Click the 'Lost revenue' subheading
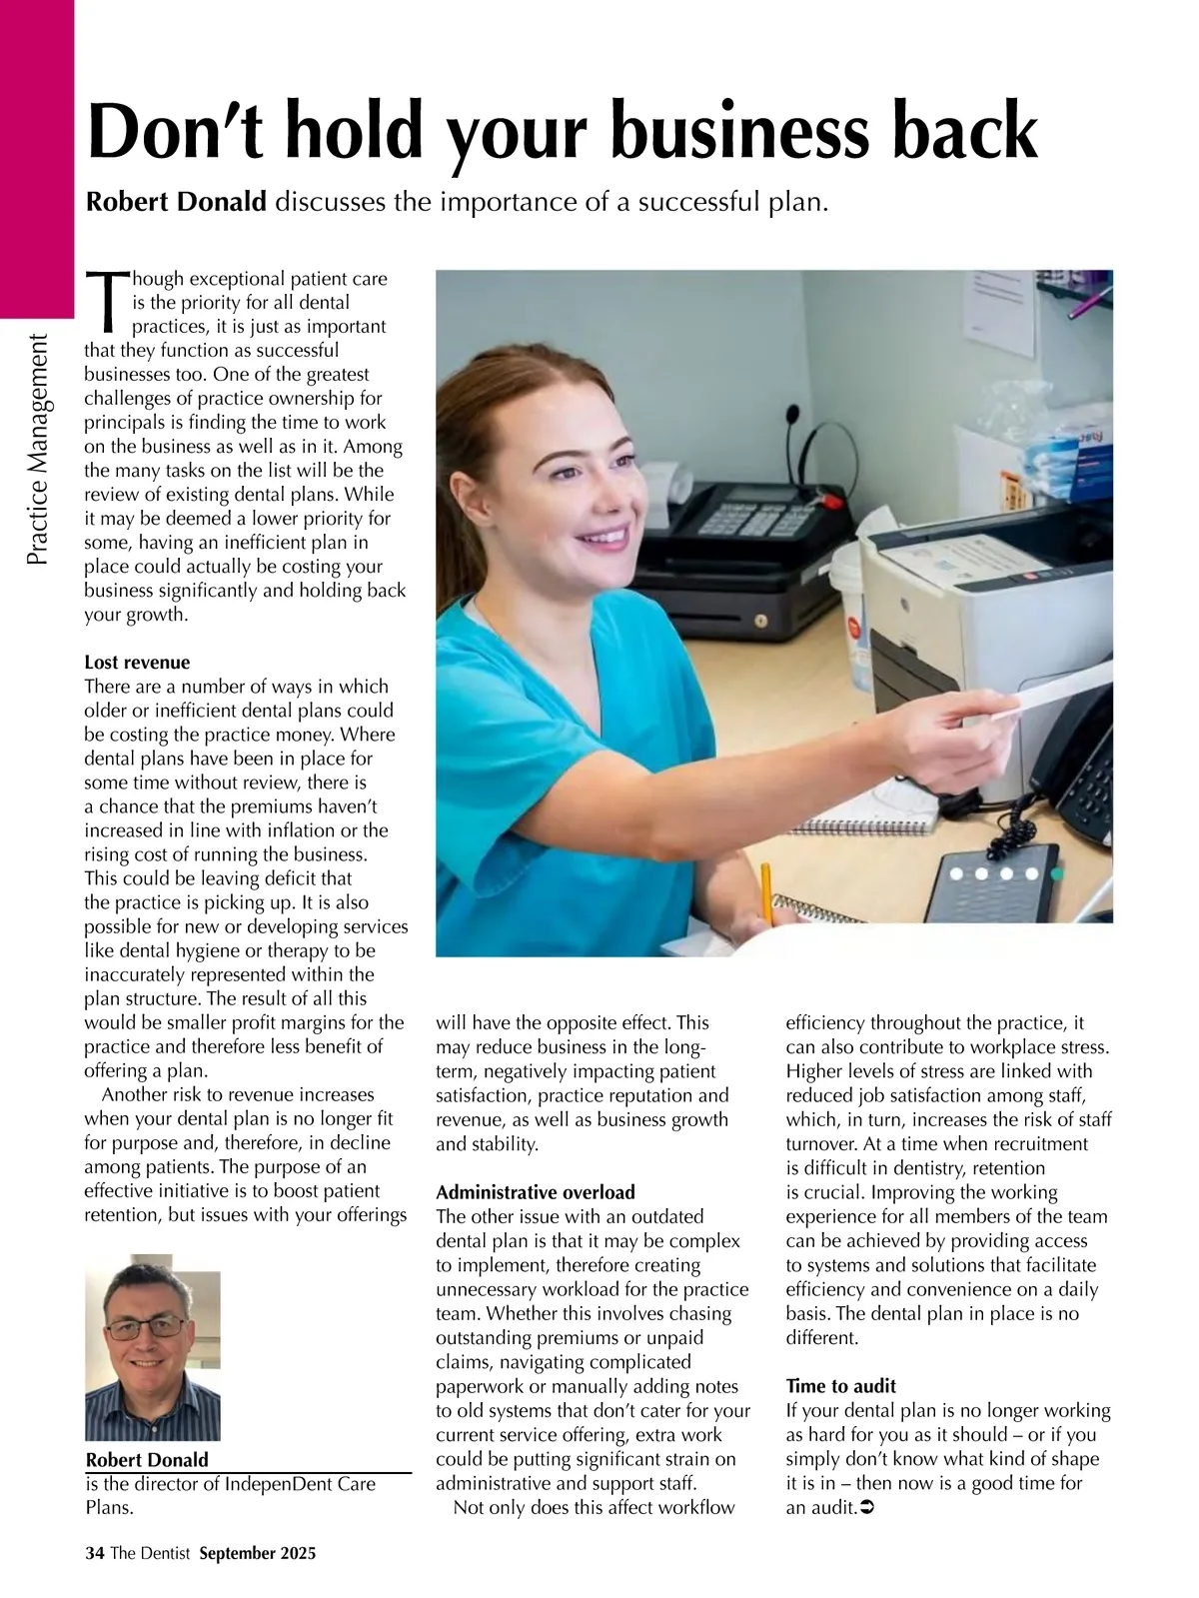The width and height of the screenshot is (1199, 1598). pyautogui.click(x=137, y=663)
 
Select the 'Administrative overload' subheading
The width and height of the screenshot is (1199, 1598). pyautogui.click(x=536, y=1192)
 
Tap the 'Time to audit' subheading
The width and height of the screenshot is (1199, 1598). pyautogui.click(x=841, y=1386)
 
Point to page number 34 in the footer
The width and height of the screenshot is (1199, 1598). pyautogui.click(x=95, y=1553)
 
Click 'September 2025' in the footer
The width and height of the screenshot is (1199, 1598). pyautogui.click(x=257, y=1553)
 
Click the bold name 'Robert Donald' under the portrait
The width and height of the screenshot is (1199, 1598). pyautogui.click(x=148, y=1460)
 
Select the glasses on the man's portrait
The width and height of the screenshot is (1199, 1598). pyautogui.click(x=146, y=1328)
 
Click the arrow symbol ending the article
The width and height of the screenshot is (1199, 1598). pyautogui.click(x=867, y=1507)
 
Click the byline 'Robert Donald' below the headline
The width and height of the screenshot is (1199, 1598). pyautogui.click(x=177, y=202)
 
